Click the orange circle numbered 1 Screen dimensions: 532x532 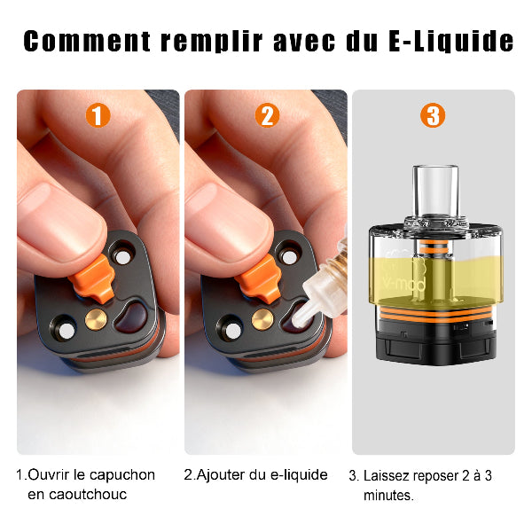[98, 115]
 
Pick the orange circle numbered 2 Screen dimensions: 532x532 [266, 115]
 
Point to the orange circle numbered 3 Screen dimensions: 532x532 [433, 115]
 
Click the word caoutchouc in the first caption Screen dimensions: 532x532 [77, 494]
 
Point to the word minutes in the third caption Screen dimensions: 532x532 [387, 495]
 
